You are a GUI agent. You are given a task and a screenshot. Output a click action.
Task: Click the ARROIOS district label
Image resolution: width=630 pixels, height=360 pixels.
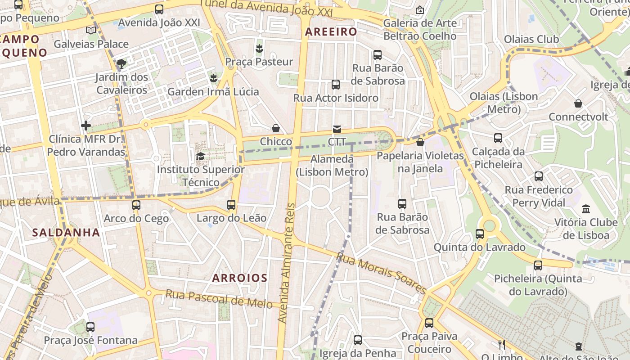click(x=240, y=278)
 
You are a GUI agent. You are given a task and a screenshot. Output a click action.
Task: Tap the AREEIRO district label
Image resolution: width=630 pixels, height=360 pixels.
click(x=331, y=32)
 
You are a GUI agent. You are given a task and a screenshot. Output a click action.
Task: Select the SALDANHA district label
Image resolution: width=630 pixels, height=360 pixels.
click(x=66, y=233)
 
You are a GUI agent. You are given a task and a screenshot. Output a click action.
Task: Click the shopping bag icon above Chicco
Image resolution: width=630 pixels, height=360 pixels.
click(x=276, y=129)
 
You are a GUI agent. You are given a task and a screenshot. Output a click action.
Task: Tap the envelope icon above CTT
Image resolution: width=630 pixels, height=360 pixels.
click(x=337, y=130)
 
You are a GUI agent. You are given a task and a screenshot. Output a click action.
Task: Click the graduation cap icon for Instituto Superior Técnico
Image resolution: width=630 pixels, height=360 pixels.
click(x=200, y=156)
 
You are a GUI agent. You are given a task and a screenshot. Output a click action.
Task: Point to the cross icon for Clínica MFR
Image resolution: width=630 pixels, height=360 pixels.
click(x=86, y=126)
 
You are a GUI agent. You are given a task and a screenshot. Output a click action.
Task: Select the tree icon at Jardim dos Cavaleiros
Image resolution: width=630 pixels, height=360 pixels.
click(x=121, y=63)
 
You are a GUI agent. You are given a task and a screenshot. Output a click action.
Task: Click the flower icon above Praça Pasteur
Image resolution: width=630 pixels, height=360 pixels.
click(x=259, y=48)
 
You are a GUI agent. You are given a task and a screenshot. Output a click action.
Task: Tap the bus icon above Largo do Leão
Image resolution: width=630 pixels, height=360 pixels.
click(x=231, y=205)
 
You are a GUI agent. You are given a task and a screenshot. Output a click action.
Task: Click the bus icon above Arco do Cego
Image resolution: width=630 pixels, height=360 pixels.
click(x=136, y=205)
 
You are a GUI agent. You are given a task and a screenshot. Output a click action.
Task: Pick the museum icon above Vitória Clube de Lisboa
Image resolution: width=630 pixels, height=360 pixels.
click(x=586, y=209)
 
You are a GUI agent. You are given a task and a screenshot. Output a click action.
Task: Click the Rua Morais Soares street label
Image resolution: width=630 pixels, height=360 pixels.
click(x=381, y=274)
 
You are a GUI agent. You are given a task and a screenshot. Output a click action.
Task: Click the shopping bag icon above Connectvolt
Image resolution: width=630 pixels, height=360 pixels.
click(x=578, y=103)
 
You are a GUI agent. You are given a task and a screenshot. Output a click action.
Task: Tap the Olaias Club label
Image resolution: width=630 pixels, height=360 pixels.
click(x=531, y=39)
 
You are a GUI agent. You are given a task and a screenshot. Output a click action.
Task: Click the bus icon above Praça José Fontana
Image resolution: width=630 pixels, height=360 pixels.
click(x=90, y=327)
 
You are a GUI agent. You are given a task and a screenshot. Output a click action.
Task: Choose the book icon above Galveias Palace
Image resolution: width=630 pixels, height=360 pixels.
click(x=91, y=30)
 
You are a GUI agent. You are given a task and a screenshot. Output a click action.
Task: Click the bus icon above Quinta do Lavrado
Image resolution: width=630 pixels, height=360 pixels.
click(x=480, y=234)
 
